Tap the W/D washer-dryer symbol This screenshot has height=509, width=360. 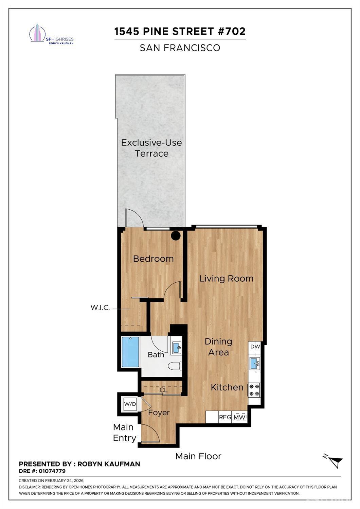pos(130,404)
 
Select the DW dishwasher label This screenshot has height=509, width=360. pos(255,347)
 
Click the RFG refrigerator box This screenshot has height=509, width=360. pos(225,417)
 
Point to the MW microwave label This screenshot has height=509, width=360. pos(240,417)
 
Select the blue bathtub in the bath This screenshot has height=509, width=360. pos(130,352)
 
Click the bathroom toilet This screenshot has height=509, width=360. pos(176,366)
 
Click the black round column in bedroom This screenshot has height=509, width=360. pos(176,235)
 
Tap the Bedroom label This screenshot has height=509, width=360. pos(153,259)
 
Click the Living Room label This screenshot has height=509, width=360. pos(226,279)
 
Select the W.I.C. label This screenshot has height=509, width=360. pos(100,308)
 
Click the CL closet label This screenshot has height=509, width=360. pos(164,390)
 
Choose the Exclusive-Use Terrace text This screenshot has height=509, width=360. pos(151,148)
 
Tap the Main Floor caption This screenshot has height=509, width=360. pos(198,456)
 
